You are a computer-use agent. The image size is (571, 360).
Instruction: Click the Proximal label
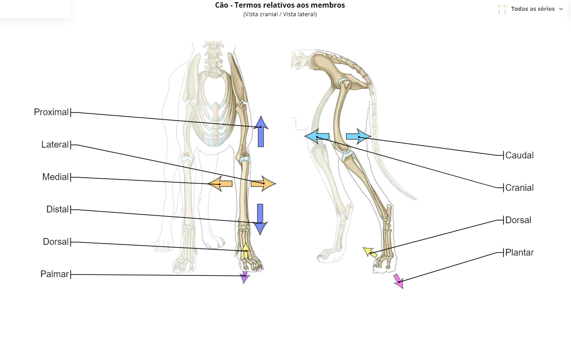51,112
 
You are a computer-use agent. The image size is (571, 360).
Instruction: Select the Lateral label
55,144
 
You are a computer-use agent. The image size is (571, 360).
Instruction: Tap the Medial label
55,177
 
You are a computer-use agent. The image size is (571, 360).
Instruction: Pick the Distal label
57,209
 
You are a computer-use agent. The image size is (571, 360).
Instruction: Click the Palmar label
54,274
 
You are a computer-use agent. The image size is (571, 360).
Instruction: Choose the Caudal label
519,155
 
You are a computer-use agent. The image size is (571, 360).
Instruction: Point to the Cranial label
519,188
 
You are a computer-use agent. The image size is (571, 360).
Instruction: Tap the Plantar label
519,252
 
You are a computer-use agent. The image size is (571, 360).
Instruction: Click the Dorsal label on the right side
518,220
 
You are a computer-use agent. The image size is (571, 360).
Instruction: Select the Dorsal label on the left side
56,242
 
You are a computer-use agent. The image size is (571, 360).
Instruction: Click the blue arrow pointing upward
261,131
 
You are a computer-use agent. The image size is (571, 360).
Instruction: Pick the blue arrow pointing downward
260,219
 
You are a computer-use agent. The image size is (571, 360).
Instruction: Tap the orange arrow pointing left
220,184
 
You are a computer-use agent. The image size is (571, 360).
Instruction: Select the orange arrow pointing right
263,183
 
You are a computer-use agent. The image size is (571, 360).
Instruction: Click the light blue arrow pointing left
317,136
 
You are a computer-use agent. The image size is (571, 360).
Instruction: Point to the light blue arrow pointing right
359,137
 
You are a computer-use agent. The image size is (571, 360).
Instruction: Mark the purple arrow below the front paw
245,277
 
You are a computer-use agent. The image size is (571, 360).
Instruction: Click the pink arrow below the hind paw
399,281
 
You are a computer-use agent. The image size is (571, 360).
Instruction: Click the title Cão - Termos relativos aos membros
280,5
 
